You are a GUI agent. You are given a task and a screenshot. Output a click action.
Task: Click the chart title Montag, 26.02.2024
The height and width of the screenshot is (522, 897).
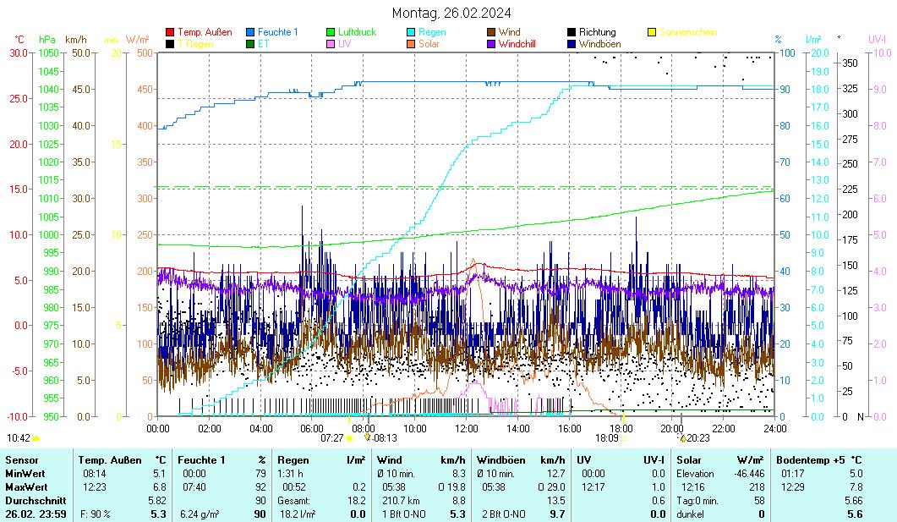[451, 13]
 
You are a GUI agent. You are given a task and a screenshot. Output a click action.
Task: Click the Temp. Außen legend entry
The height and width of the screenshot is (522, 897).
[206, 32]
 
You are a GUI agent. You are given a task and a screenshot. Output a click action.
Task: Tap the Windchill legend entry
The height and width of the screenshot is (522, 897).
[521, 43]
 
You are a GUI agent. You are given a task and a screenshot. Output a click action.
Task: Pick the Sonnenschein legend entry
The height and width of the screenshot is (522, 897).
[687, 32]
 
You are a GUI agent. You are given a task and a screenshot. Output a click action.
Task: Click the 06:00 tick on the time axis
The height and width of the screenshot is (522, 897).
[312, 428]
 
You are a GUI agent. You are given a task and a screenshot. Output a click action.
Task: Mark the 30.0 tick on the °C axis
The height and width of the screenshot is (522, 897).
[19, 52]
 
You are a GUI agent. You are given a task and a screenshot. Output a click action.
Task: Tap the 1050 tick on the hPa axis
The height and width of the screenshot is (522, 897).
[49, 52]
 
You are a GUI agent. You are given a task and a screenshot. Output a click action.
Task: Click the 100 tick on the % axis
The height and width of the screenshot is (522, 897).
[785, 52]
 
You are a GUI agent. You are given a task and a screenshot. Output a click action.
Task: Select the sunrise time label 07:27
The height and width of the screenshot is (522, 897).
[331, 438]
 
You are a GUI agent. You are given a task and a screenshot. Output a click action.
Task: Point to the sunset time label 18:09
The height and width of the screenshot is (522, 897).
[606, 438]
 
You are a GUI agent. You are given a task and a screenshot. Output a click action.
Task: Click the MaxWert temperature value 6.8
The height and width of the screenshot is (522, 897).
[159, 486]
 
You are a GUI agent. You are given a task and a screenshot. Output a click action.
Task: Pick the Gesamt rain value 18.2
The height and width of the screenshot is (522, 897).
[358, 500]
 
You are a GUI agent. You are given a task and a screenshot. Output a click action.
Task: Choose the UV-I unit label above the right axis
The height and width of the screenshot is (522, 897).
[877, 40]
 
